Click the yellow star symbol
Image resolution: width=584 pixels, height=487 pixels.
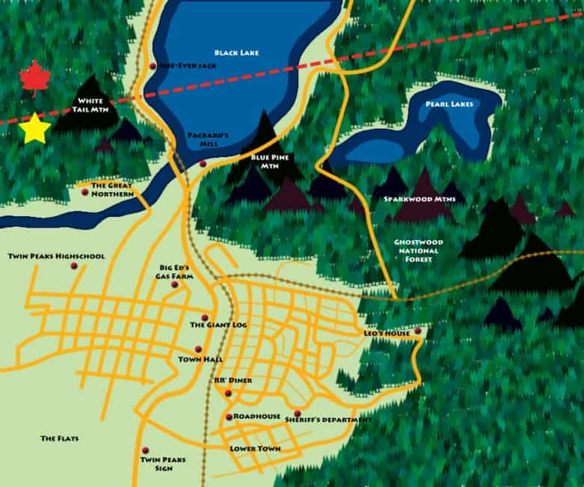[34, 129]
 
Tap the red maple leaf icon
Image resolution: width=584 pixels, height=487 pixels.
[33, 79]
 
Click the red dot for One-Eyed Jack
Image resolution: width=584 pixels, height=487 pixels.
[153, 66]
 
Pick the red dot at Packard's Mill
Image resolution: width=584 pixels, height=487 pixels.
[203, 164]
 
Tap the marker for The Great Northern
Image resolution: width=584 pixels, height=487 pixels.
[84, 192]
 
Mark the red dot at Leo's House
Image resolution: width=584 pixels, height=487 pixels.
[418, 331]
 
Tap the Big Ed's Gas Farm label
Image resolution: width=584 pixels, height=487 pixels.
[176, 272]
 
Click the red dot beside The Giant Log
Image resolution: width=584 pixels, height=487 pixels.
[205, 316]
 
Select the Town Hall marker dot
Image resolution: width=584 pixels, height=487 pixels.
[198, 349]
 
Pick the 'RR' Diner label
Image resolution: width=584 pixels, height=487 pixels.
[233, 381]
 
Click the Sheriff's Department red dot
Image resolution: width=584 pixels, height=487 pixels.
[297, 414]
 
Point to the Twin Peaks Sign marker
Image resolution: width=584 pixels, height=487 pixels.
[145, 450]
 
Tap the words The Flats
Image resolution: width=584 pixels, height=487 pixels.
[60, 438]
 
